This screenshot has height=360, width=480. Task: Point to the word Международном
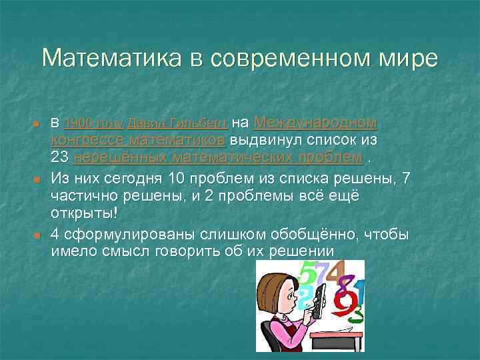(315, 123)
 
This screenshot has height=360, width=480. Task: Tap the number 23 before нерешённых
(60, 157)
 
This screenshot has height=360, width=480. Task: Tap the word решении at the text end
(295, 251)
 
